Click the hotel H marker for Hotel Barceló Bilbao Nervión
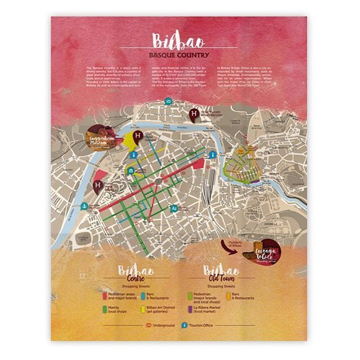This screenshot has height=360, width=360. pyautogui.click(x=195, y=114)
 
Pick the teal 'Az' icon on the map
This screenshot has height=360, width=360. pyautogui.click(x=175, y=208)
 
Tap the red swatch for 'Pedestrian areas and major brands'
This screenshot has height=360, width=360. pyautogui.click(x=105, y=295)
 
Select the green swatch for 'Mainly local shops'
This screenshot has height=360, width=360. pyautogui.click(x=105, y=309)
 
